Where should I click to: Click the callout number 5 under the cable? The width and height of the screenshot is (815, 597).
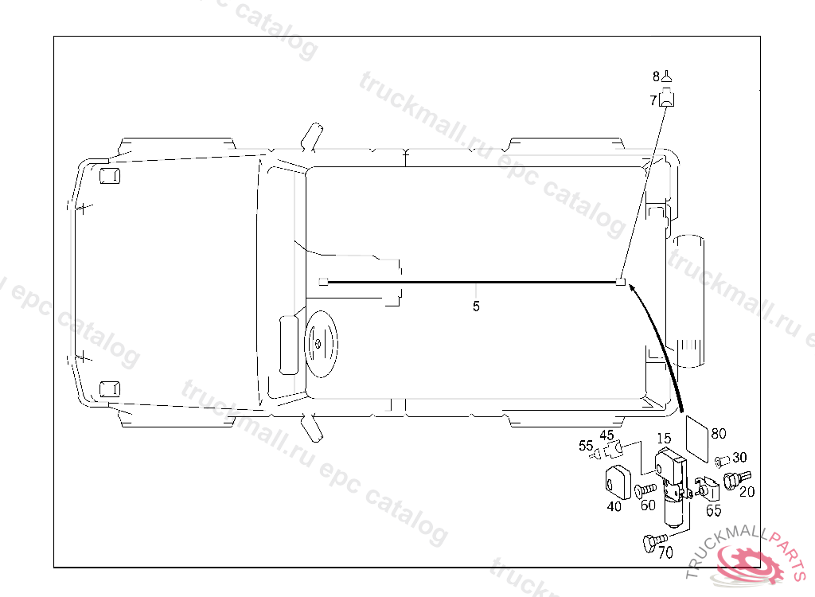coord(476,306)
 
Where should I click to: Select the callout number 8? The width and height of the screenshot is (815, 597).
coord(657,77)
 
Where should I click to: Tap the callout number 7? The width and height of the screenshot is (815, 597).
coord(653,101)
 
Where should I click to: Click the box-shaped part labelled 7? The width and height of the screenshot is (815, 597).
coord(668,99)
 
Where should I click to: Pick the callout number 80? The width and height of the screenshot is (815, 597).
coord(718,434)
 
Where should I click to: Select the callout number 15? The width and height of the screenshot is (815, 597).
coord(664,438)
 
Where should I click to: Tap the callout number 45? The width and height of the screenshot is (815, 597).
coord(606,435)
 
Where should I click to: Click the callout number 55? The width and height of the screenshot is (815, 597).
coord(586,446)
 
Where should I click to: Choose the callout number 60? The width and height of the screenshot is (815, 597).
coord(648,504)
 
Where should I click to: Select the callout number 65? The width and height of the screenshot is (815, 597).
coord(714,511)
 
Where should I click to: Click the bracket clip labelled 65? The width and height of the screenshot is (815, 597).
coord(707,488)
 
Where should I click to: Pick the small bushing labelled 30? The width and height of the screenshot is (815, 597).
coord(721,460)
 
